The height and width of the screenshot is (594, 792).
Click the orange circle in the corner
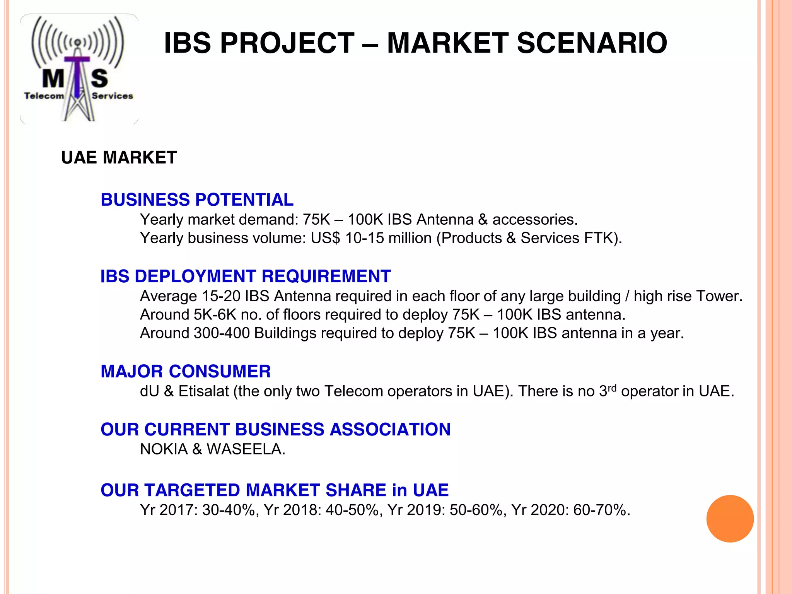tap(730, 519)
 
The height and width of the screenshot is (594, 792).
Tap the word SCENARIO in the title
tap(592, 43)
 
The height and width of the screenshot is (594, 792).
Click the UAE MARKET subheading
tap(119, 158)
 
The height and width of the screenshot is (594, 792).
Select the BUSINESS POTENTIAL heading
tap(197, 200)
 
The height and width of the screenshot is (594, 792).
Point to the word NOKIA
tap(164, 449)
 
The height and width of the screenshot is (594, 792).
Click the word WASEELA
tap(246, 449)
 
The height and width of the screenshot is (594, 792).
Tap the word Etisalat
tap(204, 391)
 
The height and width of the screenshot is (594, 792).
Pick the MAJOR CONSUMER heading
tap(186, 372)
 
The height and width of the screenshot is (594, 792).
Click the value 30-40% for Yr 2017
tap(230, 510)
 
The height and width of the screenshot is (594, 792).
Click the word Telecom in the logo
tap(44, 96)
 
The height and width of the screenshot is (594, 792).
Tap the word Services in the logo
tap(113, 96)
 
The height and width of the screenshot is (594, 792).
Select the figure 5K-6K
tap(215, 315)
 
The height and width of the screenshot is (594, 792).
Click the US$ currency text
tap(325, 238)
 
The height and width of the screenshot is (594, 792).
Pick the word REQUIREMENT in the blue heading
tap(326, 277)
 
